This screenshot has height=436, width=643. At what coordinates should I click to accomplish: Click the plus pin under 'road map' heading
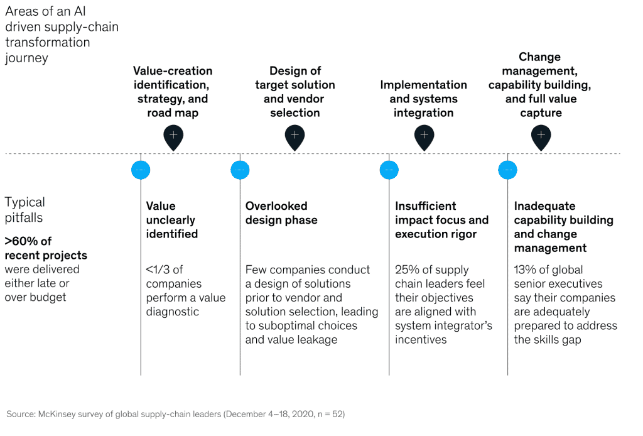coord(173,135)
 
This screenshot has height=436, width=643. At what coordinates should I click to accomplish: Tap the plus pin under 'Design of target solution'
coord(294,135)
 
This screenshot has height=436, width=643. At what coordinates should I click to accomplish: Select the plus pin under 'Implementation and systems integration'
coord(424,135)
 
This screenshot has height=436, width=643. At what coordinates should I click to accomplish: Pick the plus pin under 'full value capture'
coord(541,135)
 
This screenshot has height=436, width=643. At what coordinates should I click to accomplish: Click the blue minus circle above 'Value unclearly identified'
coord(141,170)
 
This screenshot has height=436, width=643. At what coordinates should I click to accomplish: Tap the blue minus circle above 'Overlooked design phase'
coord(240,170)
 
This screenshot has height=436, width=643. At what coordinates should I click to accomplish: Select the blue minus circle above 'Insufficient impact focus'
coord(389,170)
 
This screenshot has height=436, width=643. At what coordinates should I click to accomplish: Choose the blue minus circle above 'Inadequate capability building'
coord(507,170)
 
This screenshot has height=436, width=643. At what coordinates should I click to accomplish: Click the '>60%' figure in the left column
coord(21,241)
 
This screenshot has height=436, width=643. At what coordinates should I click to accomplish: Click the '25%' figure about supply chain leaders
coord(406,270)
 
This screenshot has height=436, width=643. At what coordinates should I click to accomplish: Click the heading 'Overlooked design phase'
coord(281,213)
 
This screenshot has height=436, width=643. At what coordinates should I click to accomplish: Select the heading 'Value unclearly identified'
coord(171,220)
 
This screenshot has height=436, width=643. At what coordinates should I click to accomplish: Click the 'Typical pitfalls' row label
coord(25,209)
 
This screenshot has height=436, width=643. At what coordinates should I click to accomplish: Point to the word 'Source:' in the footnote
coord(20,414)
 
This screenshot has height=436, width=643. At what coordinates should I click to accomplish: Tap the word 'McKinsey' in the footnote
coord(57,414)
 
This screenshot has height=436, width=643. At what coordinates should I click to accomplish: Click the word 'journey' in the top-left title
coord(26,58)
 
